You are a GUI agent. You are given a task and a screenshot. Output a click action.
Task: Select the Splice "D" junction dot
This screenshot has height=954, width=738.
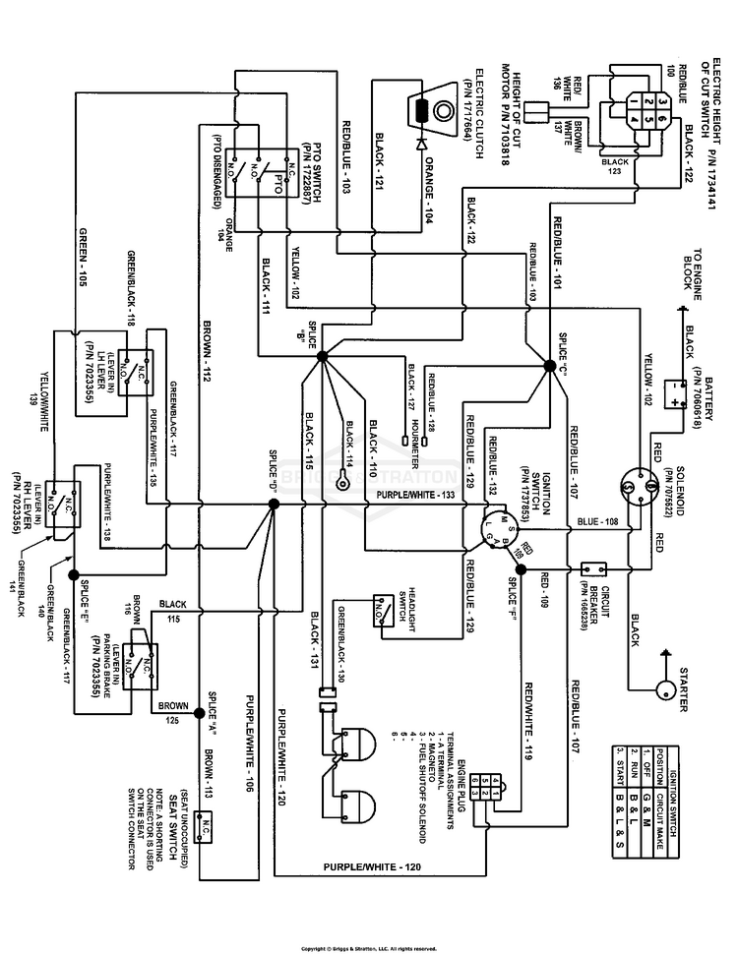(274, 504)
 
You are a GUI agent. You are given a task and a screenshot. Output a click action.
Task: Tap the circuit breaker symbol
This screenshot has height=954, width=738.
(593, 568)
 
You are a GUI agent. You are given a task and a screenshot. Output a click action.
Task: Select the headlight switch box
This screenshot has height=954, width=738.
(379, 610)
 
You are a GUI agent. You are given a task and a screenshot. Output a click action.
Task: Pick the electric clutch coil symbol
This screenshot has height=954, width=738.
(421, 110)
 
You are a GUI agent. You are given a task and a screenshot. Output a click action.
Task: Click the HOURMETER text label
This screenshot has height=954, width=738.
(416, 434)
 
